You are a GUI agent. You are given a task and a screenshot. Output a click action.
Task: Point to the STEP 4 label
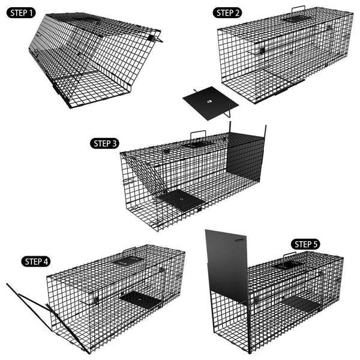point(38,261)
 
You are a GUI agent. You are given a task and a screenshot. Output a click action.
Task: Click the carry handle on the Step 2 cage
point(298,8)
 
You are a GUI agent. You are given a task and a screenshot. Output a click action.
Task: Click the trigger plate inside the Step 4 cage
point(138,297)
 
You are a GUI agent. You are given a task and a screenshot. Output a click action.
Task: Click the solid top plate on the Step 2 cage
point(296,19)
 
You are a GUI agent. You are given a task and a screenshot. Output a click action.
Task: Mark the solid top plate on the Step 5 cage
point(287,265)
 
